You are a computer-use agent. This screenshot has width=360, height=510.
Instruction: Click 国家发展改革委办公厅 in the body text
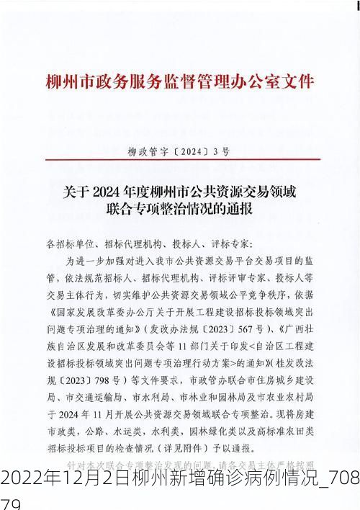click(x=97, y=313)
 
